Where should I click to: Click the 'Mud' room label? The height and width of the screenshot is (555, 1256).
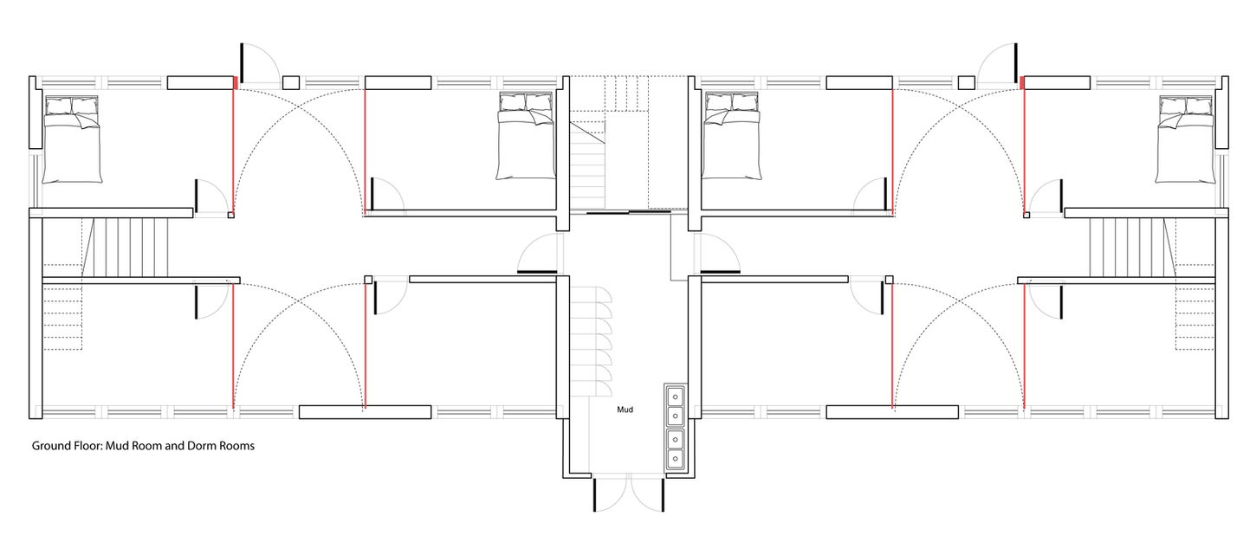point(625,410)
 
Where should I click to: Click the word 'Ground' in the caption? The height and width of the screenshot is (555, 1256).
point(52,446)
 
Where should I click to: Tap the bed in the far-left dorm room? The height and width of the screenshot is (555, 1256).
point(73,139)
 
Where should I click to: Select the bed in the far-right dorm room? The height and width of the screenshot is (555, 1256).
point(1185,139)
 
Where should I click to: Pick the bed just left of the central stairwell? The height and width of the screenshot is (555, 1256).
point(526,136)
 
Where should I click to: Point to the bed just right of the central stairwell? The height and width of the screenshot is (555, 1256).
point(731,136)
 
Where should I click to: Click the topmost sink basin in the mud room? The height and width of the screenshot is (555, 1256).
point(675,397)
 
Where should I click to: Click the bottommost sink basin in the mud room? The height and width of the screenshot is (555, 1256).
point(675,459)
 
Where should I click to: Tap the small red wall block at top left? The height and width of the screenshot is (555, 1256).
point(236,83)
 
